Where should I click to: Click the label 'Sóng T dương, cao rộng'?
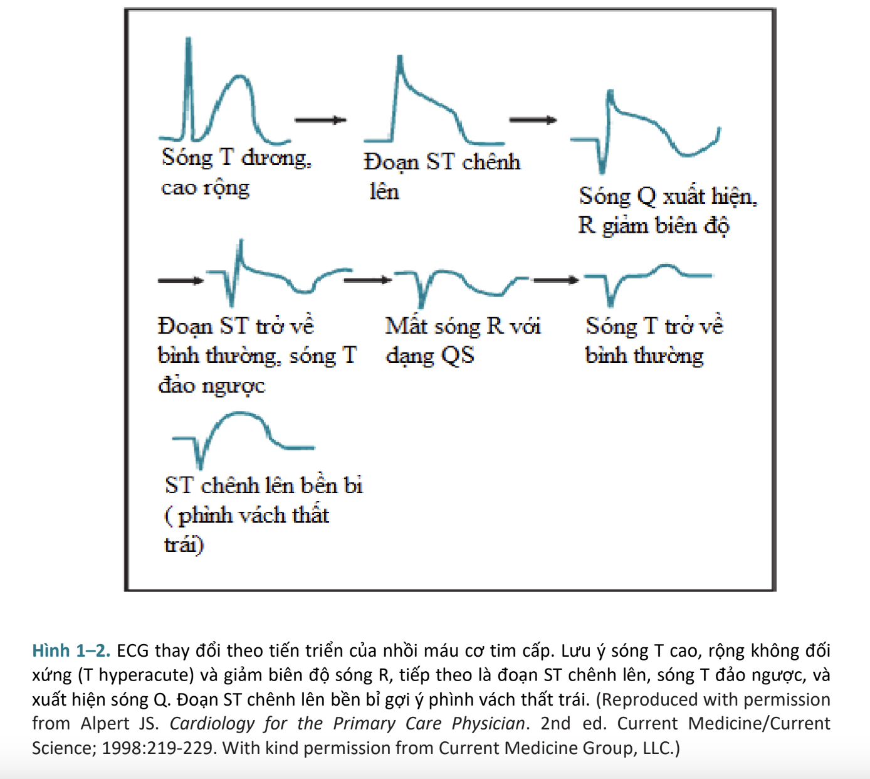tap(236, 171)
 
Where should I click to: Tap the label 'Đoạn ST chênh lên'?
tap(441, 176)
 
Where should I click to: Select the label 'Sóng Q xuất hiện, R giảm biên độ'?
tap(667, 210)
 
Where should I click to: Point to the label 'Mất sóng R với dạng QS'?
tap(463, 340)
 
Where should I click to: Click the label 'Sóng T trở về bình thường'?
tap(654, 340)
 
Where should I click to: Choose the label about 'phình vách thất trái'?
tap(263, 514)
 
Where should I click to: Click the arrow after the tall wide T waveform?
tap(320, 120)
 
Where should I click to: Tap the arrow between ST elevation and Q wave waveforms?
tap(533, 120)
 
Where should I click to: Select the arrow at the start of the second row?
tap(181, 280)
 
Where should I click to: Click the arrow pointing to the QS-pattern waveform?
tap(368, 280)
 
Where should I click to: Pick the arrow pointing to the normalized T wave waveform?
tap(556, 280)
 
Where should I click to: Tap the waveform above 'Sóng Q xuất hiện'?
tap(646, 132)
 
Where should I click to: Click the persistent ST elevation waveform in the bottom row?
tap(243, 436)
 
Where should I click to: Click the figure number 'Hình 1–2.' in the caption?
tap(71, 650)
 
